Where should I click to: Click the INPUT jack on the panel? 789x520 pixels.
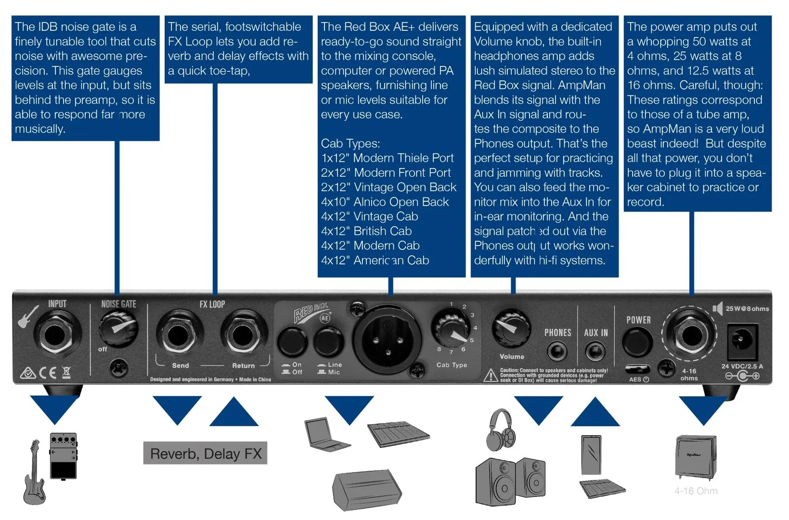[54, 335]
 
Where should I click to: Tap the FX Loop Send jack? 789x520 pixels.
[178, 335]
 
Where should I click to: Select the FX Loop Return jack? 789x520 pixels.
[242, 335]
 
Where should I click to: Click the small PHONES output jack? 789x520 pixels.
[557, 352]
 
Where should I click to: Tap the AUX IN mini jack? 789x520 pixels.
[595, 352]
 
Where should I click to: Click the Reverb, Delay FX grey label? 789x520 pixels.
[205, 453]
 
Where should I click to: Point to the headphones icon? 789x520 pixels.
[501, 430]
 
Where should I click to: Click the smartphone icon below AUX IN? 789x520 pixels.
[591, 454]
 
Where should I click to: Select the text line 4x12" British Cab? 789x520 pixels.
[366, 231]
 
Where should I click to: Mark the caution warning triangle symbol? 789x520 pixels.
[490, 376]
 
